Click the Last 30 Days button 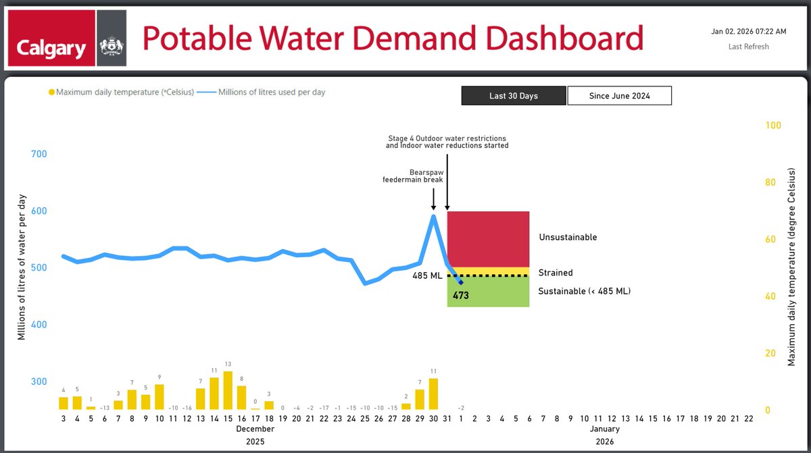click(514, 96)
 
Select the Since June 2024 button click(619, 96)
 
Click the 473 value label click(462, 295)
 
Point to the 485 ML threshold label click(428, 275)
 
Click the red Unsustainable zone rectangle click(488, 239)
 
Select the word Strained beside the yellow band click(555, 273)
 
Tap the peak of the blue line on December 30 click(433, 216)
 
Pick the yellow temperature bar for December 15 click(228, 390)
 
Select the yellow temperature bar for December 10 click(159, 397)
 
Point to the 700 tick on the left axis click(39, 154)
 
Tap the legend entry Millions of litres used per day click(271, 92)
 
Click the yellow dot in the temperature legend click(51, 92)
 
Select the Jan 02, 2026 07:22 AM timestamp click(748, 31)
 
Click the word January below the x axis click(604, 429)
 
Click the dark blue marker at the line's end click(461, 282)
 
